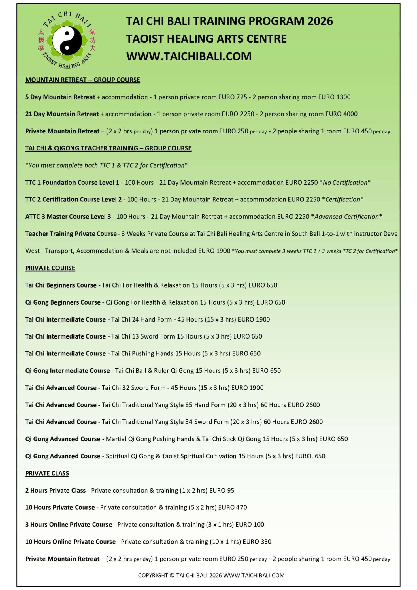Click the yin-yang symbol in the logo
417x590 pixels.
tap(67, 41)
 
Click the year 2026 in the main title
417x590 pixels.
tap(320, 21)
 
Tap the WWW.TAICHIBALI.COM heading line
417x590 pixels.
tap(189, 56)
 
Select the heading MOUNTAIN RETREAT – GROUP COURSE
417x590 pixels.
tap(82, 80)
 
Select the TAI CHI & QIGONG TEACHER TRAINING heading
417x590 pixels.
tap(108, 148)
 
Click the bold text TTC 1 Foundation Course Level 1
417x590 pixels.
tap(72, 182)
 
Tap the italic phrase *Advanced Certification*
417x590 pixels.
tap(346, 217)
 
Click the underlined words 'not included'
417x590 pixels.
tap(179, 251)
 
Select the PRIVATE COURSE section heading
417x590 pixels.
tap(50, 268)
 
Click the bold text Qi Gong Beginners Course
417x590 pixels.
tap(63, 302)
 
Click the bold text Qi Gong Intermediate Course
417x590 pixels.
tap(67, 371)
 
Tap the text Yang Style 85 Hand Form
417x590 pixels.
tap(190, 405)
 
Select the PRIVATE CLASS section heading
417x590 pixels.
tap(47, 473)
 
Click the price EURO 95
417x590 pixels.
tap(222, 491)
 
